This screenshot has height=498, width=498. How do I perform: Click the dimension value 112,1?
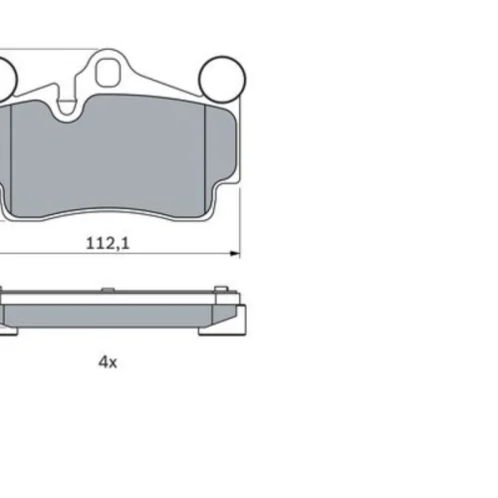pyautogui.click(x=108, y=243)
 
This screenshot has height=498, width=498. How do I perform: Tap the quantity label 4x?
pyautogui.click(x=108, y=363)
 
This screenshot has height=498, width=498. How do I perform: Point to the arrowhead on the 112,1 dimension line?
pyautogui.click(x=235, y=254)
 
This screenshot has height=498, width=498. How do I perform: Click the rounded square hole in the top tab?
pyautogui.click(x=107, y=73)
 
